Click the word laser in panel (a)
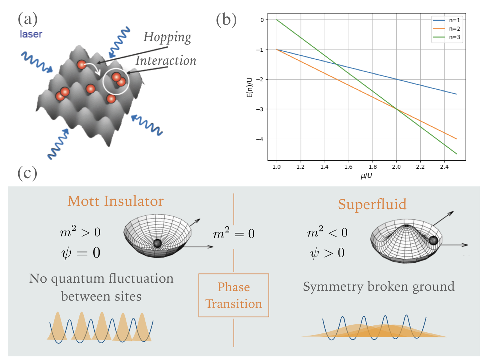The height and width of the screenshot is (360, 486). tap(31, 34)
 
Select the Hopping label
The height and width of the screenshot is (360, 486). tap(167, 38)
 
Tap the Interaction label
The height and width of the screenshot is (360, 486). tap(166, 61)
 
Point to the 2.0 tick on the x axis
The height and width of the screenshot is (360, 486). tap(396, 167)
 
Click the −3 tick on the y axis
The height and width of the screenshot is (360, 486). tap(260, 109)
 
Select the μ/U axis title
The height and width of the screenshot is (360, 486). tap(366, 176)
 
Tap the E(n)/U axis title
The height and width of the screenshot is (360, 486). tap(250, 87)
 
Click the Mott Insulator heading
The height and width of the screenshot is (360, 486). tap(115, 201)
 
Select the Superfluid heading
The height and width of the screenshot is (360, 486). tap(372, 204)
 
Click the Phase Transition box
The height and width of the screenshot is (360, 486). tap(234, 295)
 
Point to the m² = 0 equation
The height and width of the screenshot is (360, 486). tap(234, 233)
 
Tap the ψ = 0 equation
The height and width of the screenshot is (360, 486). tap(81, 253)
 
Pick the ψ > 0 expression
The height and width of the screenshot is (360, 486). tap(327, 253)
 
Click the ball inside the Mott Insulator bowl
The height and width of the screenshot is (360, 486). tap(157, 243)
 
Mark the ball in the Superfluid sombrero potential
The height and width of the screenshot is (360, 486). tap(433, 240)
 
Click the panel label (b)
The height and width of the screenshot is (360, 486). tap(226, 20)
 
